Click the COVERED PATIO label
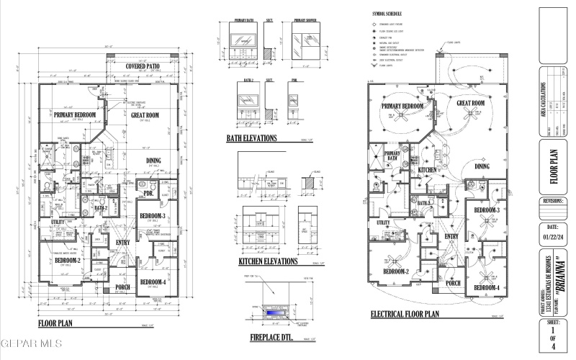click(143, 66)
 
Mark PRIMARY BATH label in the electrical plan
click(392, 156)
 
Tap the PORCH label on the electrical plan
click(453, 283)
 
